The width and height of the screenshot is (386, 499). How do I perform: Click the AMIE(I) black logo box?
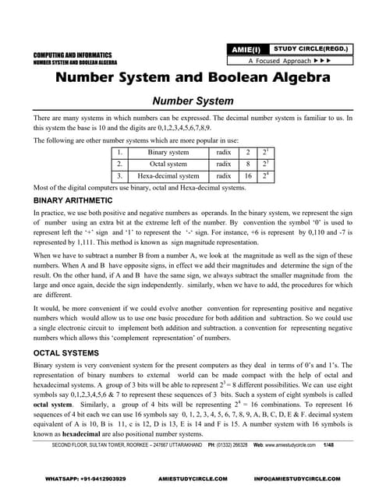[x=245, y=49]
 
